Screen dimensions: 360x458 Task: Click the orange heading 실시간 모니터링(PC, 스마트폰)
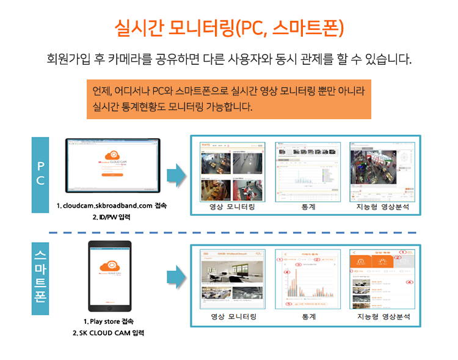(229, 28)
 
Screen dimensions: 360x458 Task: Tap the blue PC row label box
(40, 174)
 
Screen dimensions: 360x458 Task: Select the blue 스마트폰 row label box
(40, 278)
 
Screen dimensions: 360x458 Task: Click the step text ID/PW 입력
(112, 216)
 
